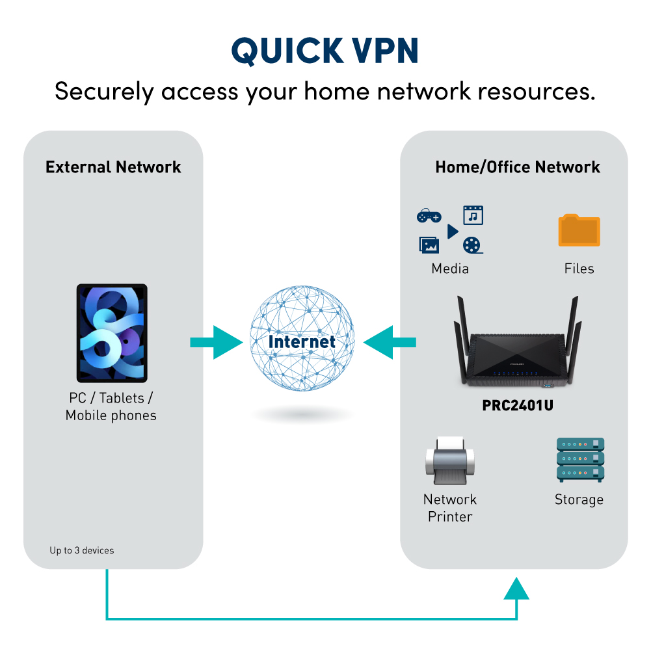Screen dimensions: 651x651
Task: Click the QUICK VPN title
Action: [325, 50]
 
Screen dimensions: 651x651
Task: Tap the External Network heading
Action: [113, 167]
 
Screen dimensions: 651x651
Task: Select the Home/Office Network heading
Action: [517, 167]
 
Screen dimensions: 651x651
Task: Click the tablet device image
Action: [112, 333]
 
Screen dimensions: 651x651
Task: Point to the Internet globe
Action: [302, 341]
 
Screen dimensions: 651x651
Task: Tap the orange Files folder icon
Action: [579, 231]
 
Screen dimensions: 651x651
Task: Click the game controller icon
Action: [429, 216]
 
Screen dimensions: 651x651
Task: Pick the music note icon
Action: [473, 215]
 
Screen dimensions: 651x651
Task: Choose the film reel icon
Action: [472, 245]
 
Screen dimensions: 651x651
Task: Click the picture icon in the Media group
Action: [429, 245]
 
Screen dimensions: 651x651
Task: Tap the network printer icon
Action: [449, 462]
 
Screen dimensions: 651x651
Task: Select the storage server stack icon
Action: [580, 460]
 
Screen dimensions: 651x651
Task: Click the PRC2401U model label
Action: [518, 405]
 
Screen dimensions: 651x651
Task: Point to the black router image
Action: [517, 351]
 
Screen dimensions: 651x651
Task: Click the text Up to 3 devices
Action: [81, 550]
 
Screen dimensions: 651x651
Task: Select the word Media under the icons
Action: [449, 269]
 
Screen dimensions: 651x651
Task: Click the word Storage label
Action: [579, 499]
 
